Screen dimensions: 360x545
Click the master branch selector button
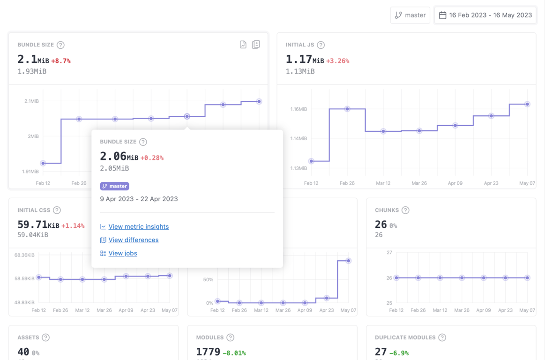(410, 15)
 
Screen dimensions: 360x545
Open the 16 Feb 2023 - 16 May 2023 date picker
(485, 15)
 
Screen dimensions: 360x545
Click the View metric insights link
(138, 226)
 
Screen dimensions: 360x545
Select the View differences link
(133, 240)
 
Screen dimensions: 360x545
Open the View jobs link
(122, 253)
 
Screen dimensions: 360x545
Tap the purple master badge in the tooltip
(114, 186)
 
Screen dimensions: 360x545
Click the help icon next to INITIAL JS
(321, 45)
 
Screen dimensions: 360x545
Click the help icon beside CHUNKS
(405, 210)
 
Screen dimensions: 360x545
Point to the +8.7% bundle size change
(61, 61)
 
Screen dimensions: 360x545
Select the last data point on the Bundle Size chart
(259, 101)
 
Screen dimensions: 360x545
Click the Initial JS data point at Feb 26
(347, 109)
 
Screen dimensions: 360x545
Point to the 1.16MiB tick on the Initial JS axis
(299, 109)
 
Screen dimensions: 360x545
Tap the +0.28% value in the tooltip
(152, 158)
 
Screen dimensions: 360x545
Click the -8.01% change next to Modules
(234, 353)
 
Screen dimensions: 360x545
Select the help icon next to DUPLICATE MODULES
(442, 337)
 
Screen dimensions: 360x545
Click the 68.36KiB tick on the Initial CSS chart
(24, 255)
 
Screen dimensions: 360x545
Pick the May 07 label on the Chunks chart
(527, 310)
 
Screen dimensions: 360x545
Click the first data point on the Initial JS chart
(311, 161)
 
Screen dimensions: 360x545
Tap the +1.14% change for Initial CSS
(73, 226)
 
